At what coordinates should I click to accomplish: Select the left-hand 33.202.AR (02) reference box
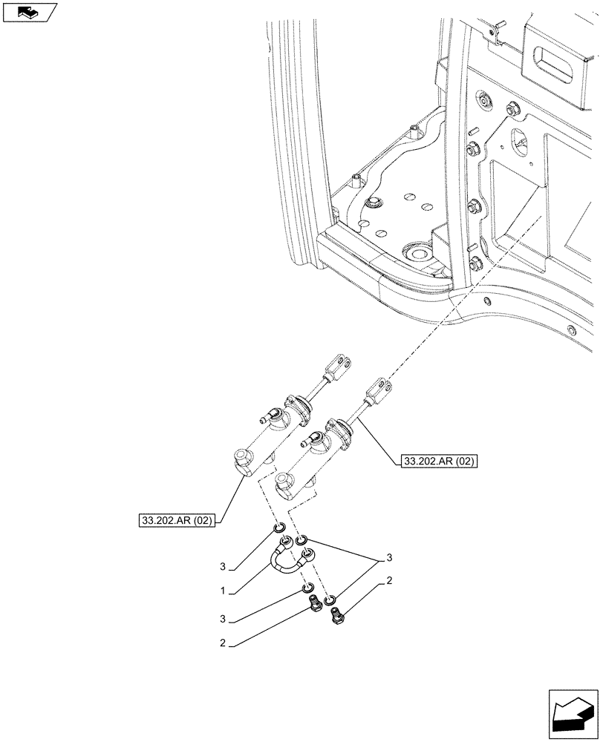coord(176,520)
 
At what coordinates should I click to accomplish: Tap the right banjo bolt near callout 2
coord(339,616)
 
